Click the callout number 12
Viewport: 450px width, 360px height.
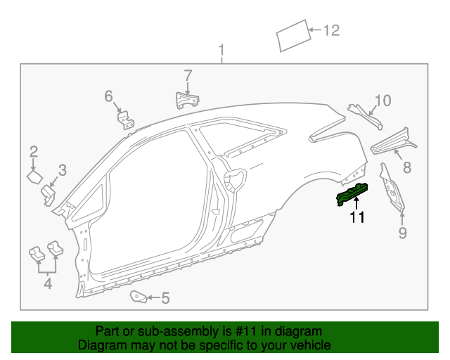pyautogui.click(x=332, y=30)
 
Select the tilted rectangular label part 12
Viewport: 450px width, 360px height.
pyautogui.click(x=293, y=36)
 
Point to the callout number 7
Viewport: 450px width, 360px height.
pyautogui.click(x=188, y=75)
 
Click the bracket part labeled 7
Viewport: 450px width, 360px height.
pyautogui.click(x=187, y=100)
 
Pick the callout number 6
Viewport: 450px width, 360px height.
pyautogui.click(x=108, y=96)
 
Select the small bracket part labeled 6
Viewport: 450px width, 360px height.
pyautogui.click(x=126, y=120)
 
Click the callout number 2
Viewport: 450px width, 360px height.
pyautogui.click(x=34, y=152)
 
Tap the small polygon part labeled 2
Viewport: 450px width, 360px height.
pyautogui.click(x=34, y=177)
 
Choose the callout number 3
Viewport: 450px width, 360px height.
pyautogui.click(x=63, y=170)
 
